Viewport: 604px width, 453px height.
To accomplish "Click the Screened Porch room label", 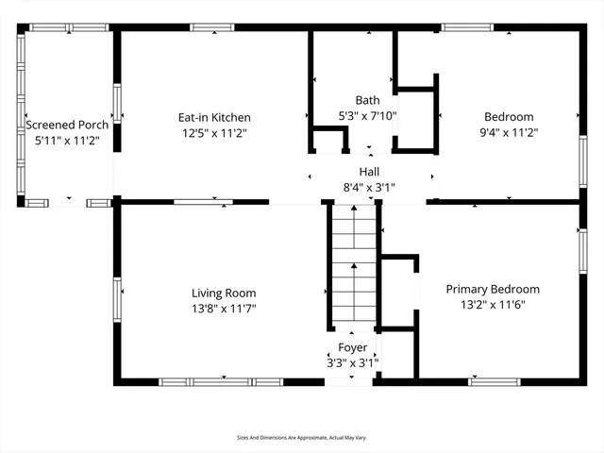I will point(67,124).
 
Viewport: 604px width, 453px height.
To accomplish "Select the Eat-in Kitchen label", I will point(214,117).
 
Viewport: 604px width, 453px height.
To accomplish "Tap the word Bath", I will point(368,100).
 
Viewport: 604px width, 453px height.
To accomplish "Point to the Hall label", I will point(368,172).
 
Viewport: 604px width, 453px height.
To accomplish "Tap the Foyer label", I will point(353,347).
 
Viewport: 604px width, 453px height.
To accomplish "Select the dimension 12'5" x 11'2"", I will point(214,134).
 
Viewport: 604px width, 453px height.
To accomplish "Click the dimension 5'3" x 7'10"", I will point(368,116).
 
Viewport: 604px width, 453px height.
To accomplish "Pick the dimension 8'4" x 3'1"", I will point(368,187).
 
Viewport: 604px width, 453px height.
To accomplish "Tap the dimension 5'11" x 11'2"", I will point(67,140).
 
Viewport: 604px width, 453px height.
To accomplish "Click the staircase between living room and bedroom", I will point(353,264).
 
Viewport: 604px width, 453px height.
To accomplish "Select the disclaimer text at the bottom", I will point(301,437).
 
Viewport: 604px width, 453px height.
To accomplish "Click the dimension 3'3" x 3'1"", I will point(353,362).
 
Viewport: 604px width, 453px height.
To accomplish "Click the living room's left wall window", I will point(117,297).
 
